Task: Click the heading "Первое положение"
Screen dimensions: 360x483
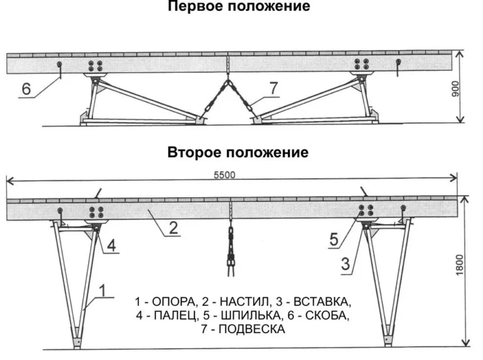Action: (x=238, y=7)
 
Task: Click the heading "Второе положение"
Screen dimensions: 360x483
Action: (x=238, y=153)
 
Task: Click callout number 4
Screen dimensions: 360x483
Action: (x=110, y=246)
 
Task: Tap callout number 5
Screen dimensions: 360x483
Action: (x=334, y=239)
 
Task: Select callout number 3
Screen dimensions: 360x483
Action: (x=345, y=264)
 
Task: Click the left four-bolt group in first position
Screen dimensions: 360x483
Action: (x=97, y=65)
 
